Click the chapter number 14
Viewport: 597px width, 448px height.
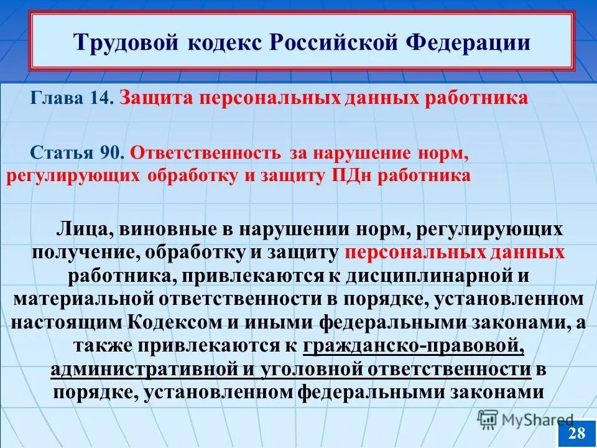(x=100, y=99)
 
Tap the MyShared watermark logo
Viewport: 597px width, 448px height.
(x=525, y=419)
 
